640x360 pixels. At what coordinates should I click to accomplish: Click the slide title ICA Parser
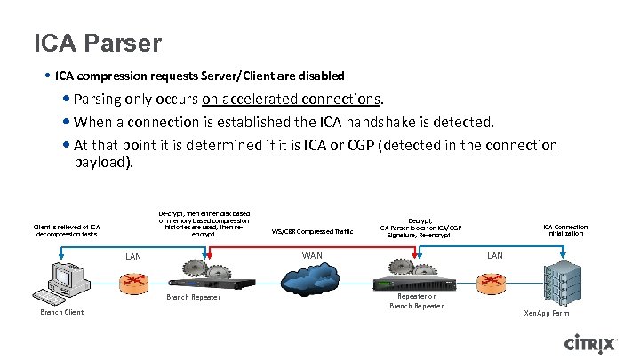point(98,43)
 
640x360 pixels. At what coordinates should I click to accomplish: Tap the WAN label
point(312,256)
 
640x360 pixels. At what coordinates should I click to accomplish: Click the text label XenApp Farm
point(547,314)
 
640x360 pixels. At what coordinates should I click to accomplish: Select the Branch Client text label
point(62,313)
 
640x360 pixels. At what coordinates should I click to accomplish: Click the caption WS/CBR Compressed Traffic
point(312,231)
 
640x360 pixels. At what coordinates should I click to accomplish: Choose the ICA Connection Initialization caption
point(565,230)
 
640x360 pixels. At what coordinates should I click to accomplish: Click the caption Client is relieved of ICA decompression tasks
point(67,230)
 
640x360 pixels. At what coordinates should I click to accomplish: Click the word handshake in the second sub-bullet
point(404,122)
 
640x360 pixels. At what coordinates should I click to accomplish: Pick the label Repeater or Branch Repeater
point(416,300)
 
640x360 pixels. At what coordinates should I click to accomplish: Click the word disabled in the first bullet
point(320,76)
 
